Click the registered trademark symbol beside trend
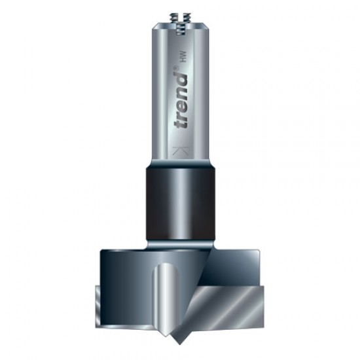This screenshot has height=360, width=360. pos(184,68)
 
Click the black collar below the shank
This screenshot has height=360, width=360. pos(180,196)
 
